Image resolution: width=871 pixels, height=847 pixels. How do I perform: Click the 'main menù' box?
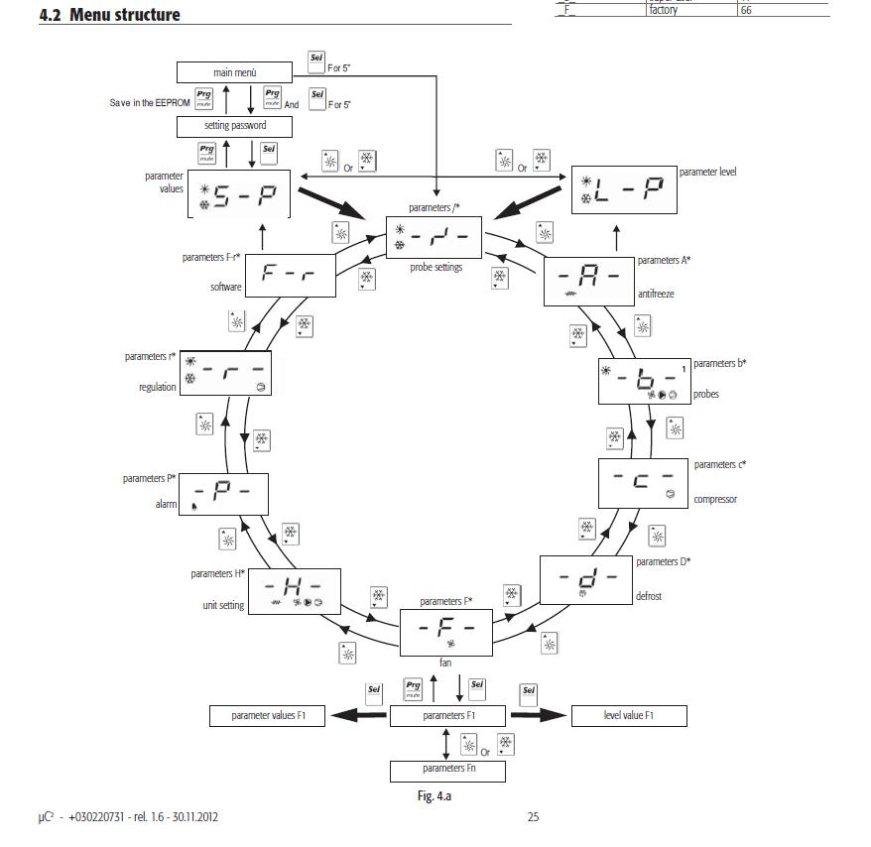pos(235,72)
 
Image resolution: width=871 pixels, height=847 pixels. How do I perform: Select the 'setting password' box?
pos(235,126)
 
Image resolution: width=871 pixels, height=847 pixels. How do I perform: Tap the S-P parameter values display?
pos(238,194)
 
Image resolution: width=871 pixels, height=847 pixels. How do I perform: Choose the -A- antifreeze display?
pos(588,280)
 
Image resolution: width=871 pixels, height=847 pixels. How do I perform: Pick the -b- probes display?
pos(644,381)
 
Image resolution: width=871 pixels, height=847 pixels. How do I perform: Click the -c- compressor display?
pos(643,482)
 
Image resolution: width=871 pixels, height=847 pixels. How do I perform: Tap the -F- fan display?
pos(445,632)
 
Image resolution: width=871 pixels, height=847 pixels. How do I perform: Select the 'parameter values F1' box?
pos(268,715)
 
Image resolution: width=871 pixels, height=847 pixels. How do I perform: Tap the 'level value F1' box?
pos(629,715)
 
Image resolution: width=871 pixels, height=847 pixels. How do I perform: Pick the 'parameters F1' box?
pos(448,715)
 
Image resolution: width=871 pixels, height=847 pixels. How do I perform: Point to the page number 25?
pos(533,817)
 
